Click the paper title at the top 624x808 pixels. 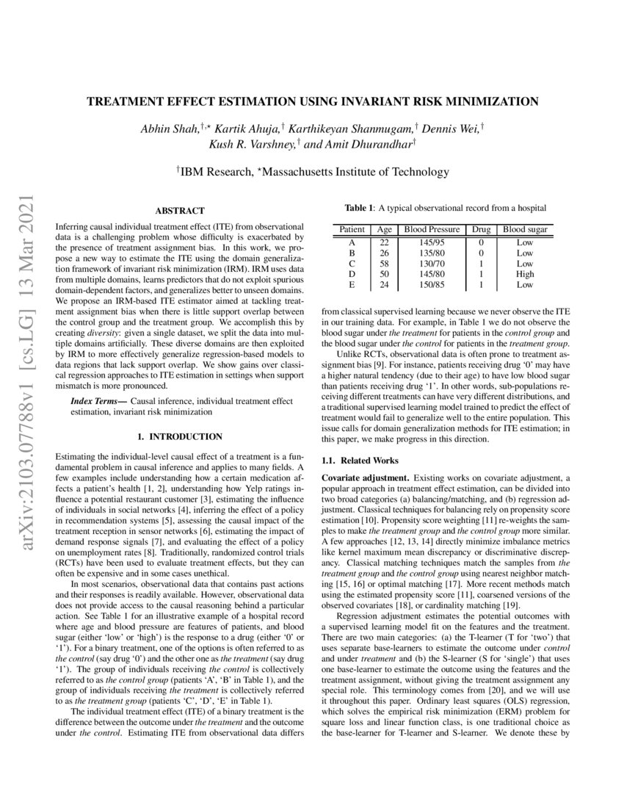[313, 101]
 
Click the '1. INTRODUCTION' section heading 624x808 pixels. [175, 436]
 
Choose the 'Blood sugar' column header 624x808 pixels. [524, 230]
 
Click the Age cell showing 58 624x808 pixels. [383, 263]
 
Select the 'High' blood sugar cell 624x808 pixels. [524, 273]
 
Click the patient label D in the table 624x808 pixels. [352, 273]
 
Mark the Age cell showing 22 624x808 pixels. [383, 242]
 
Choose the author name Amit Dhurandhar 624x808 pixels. [360, 145]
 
